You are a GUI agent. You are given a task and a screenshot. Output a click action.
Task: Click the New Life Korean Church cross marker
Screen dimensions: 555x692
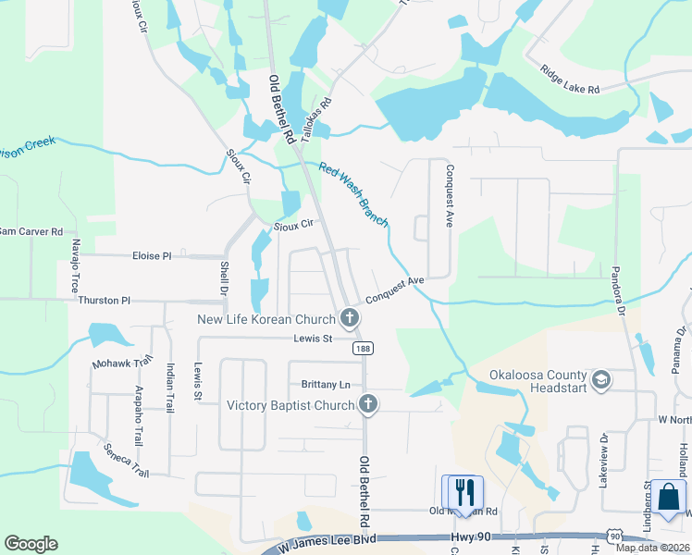click(349, 319)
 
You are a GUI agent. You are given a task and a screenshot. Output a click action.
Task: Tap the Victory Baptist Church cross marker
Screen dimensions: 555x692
click(368, 404)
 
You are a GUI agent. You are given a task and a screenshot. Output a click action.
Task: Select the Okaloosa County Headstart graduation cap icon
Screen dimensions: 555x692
click(600, 379)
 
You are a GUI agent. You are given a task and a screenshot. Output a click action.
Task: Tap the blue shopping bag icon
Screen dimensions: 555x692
click(668, 497)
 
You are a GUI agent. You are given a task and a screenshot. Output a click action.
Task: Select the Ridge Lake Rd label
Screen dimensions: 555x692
click(570, 80)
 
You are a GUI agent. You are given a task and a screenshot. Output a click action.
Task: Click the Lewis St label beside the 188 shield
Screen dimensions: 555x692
click(314, 339)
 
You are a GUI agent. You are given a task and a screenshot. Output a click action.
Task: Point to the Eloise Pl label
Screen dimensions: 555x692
click(152, 255)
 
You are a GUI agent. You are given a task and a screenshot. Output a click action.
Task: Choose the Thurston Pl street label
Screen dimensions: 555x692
click(105, 301)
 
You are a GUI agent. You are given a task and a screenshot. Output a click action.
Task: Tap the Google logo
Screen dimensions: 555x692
click(31, 544)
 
